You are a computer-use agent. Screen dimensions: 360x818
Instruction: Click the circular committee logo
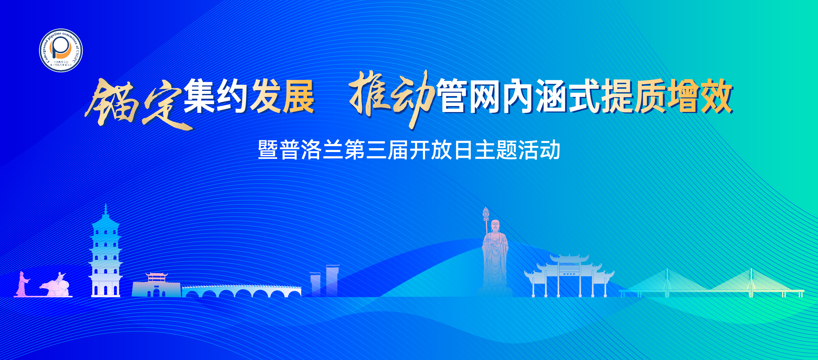tap(61, 50)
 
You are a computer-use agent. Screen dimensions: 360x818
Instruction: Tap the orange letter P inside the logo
tap(60, 48)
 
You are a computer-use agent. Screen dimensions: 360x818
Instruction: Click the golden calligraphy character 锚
tap(113, 102)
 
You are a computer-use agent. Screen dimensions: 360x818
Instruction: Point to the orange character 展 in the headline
tap(298, 96)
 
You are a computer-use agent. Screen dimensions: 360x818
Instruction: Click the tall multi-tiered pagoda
tap(105, 254)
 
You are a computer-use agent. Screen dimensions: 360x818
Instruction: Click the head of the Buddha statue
tap(495, 226)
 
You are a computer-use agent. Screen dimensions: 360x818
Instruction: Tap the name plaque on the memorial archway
tap(569, 274)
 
